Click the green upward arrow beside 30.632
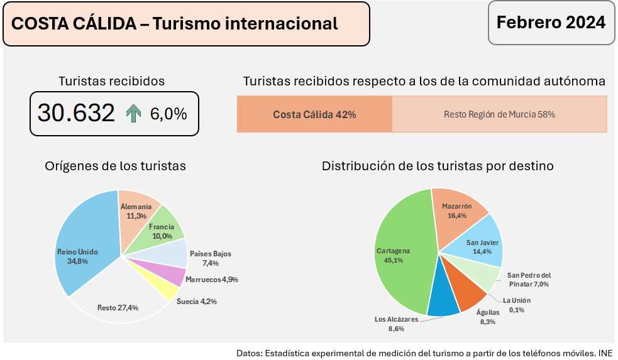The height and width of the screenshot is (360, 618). (133, 114)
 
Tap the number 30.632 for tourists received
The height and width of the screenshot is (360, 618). (76, 113)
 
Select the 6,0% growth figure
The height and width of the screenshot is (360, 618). (168, 114)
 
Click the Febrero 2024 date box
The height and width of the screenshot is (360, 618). (551, 23)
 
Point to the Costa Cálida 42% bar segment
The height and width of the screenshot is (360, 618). (314, 114)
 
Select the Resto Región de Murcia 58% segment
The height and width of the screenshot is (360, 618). (499, 114)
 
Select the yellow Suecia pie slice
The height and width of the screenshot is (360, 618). (165, 290)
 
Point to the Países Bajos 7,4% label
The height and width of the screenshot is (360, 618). (210, 258)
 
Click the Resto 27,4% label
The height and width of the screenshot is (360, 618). (118, 308)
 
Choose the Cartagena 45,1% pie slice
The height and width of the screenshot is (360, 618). (396, 258)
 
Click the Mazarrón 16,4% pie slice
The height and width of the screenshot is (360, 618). (458, 212)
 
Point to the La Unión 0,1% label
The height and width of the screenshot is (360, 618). (517, 305)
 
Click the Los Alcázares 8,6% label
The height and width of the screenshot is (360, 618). (396, 324)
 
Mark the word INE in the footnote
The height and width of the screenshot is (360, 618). (605, 352)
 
